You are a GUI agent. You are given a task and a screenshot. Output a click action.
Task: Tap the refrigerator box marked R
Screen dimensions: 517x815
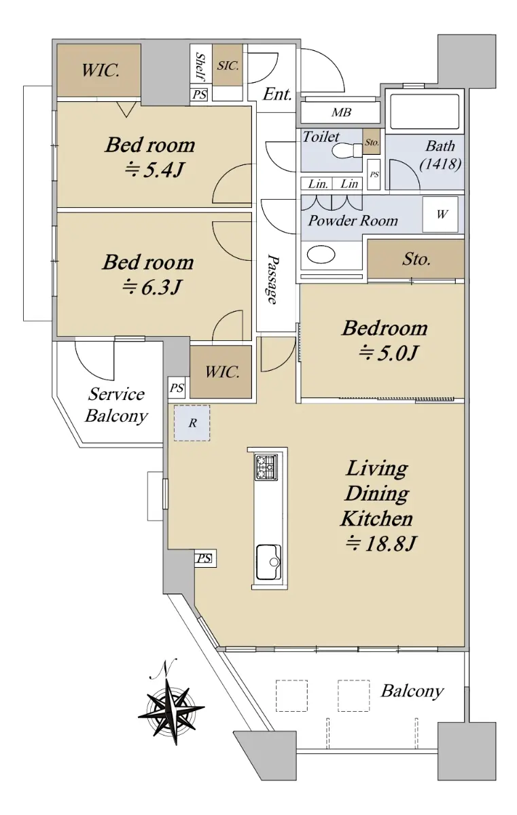tap(192, 423)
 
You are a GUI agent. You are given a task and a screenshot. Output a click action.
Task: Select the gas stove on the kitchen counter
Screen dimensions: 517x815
tap(266, 467)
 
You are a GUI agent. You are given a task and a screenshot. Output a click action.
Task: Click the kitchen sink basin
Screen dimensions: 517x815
tap(268, 562)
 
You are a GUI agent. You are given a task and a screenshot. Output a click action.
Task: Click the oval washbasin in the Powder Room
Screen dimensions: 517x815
tap(321, 254)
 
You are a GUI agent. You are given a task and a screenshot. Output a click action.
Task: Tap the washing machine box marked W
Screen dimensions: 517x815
tap(440, 215)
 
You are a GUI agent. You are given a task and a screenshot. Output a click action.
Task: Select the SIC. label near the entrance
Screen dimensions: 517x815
tap(228, 66)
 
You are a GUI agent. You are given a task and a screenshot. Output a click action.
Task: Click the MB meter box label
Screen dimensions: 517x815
tap(341, 113)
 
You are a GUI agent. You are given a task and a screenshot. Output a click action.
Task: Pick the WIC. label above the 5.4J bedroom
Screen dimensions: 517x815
tap(101, 70)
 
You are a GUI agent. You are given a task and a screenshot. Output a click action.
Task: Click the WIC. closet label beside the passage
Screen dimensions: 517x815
tap(222, 372)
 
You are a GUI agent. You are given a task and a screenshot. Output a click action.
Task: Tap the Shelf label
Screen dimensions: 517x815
tap(200, 67)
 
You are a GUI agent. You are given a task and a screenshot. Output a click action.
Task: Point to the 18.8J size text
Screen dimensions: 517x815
tap(380, 544)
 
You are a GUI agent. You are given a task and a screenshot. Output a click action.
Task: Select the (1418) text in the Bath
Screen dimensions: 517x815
tap(440, 164)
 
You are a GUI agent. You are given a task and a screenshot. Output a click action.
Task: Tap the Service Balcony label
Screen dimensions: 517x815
tap(116, 405)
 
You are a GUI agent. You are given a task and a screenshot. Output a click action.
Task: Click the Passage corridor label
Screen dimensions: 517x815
tap(273, 278)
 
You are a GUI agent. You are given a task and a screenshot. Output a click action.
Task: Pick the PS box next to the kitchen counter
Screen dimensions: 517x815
tap(204, 558)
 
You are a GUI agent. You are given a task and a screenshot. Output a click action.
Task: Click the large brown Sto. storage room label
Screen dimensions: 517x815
tap(416, 259)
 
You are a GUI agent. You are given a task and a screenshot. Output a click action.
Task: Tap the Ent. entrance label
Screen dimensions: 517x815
tap(277, 94)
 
